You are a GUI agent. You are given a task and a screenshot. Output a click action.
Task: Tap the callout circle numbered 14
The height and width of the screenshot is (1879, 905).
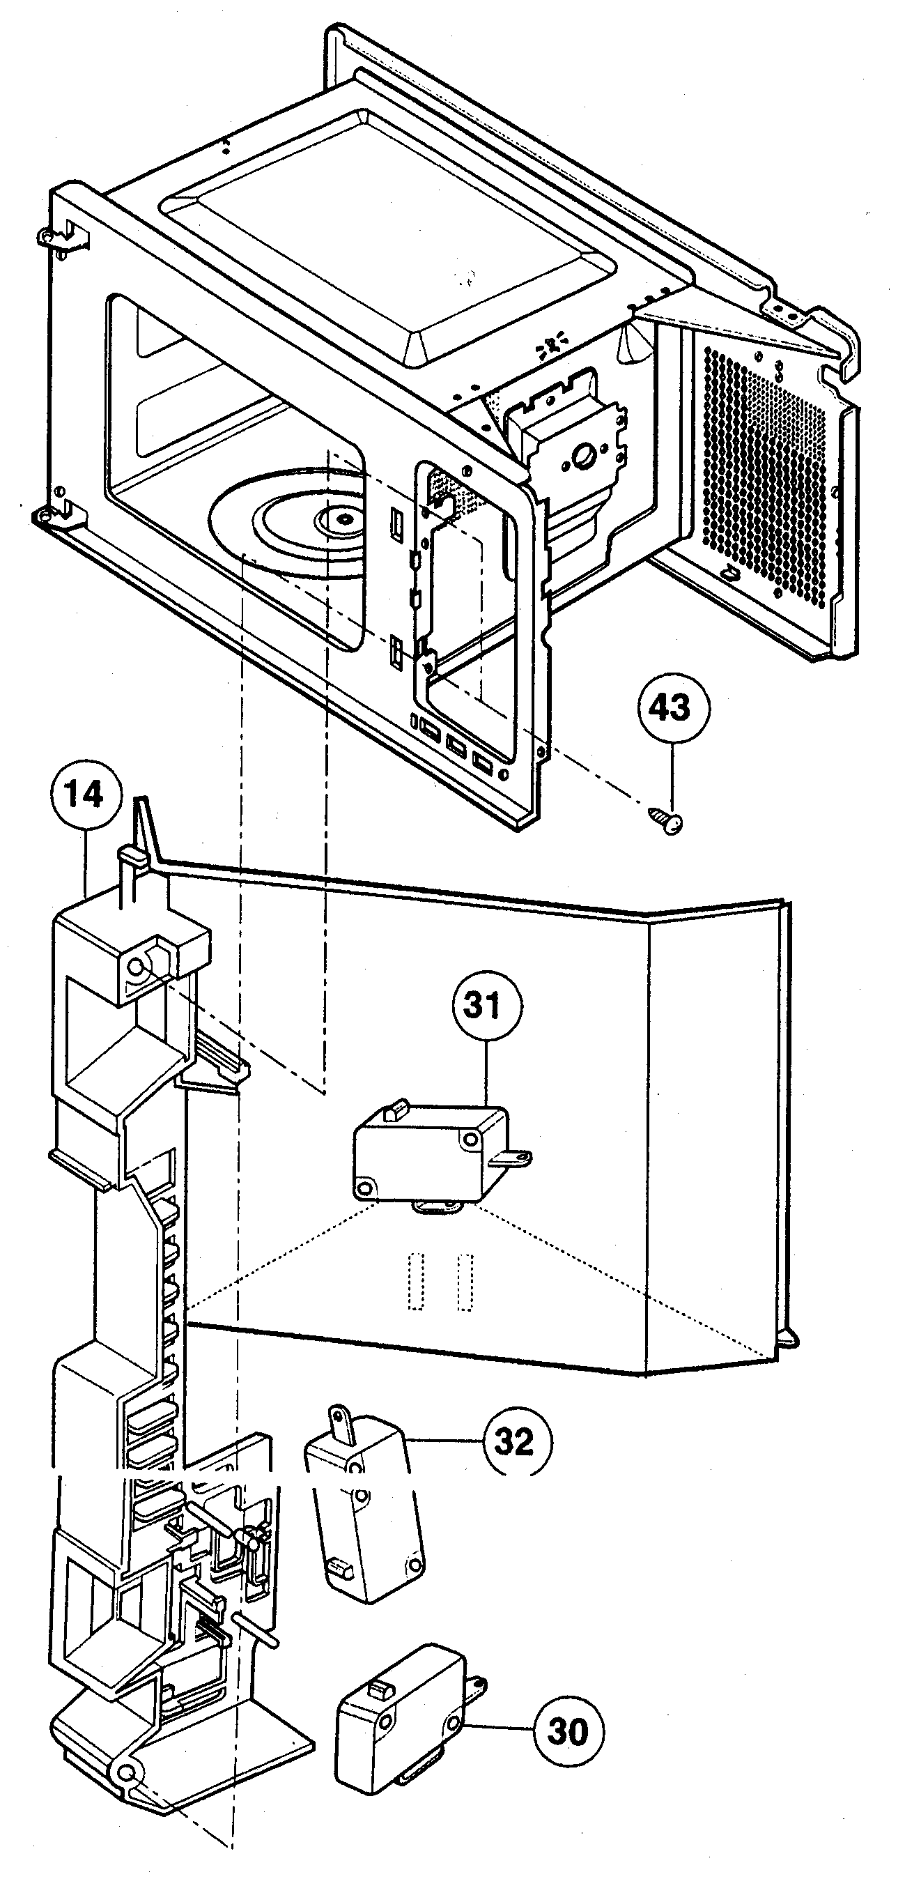click(85, 795)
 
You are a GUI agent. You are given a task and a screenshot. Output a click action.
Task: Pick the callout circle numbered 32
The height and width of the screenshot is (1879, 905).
click(516, 1441)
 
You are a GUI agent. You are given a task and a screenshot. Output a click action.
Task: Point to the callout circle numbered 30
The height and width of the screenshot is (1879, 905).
click(568, 1729)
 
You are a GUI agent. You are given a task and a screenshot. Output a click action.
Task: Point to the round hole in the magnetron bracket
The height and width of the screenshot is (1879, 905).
click(584, 458)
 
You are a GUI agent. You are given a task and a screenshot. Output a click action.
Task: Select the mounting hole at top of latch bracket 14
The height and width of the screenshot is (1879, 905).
click(136, 968)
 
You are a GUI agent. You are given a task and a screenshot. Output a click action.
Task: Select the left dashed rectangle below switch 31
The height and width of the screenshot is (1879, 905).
click(416, 1282)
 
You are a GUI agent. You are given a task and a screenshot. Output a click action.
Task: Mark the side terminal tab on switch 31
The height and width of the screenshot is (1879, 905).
click(518, 1155)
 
